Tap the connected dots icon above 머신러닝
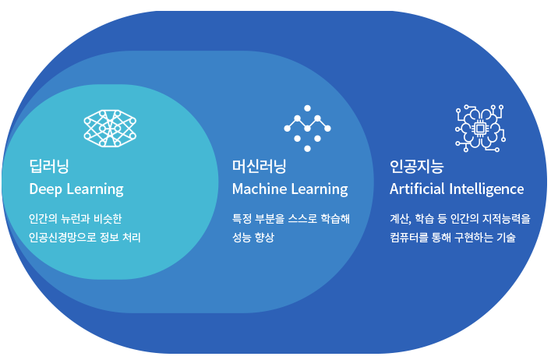[307, 128]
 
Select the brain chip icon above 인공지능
[480, 127]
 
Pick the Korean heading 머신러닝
[260, 165]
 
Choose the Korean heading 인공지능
[416, 165]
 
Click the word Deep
[44, 189]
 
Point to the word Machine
[257, 189]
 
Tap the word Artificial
[416, 189]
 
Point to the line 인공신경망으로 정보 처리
[84, 237]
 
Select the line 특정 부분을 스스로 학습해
[291, 219]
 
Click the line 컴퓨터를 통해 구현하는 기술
[452, 237]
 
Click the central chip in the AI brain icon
[480, 127]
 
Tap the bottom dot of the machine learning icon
[307, 148]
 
